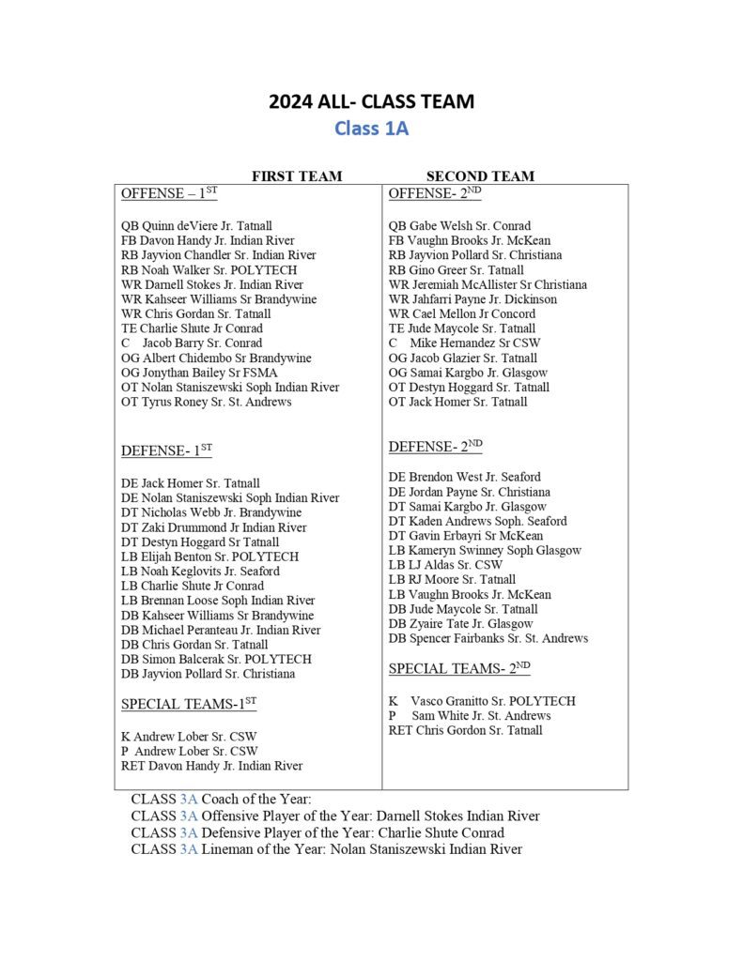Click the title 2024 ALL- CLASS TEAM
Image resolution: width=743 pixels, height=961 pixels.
click(x=371, y=102)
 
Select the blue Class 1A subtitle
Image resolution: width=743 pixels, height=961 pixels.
click(x=371, y=129)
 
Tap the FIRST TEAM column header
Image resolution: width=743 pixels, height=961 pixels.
click(x=297, y=176)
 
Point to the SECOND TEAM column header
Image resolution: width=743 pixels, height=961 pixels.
click(x=480, y=176)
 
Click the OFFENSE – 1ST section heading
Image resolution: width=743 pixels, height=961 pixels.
click(x=169, y=193)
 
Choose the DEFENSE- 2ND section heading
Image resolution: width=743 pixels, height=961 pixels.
click(x=435, y=448)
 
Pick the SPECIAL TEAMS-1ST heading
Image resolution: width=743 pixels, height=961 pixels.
click(x=189, y=705)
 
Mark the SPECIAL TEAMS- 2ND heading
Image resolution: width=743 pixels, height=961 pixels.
click(x=459, y=668)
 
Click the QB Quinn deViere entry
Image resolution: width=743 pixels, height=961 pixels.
click(x=196, y=226)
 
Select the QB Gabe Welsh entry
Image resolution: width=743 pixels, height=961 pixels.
click(x=459, y=226)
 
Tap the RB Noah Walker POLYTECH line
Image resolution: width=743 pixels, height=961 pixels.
click(x=209, y=270)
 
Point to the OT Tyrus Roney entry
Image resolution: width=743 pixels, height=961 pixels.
click(x=206, y=402)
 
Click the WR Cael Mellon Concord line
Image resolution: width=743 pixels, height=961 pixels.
click(x=462, y=313)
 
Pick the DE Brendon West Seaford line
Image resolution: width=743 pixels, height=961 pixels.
click(x=464, y=477)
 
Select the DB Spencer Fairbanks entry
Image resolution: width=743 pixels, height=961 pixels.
click(x=488, y=638)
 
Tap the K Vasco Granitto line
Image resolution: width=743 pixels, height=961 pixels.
click(x=482, y=701)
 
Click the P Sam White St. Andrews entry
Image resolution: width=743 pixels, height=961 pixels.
click(x=470, y=715)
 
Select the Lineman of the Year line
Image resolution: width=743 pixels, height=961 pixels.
click(x=326, y=849)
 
